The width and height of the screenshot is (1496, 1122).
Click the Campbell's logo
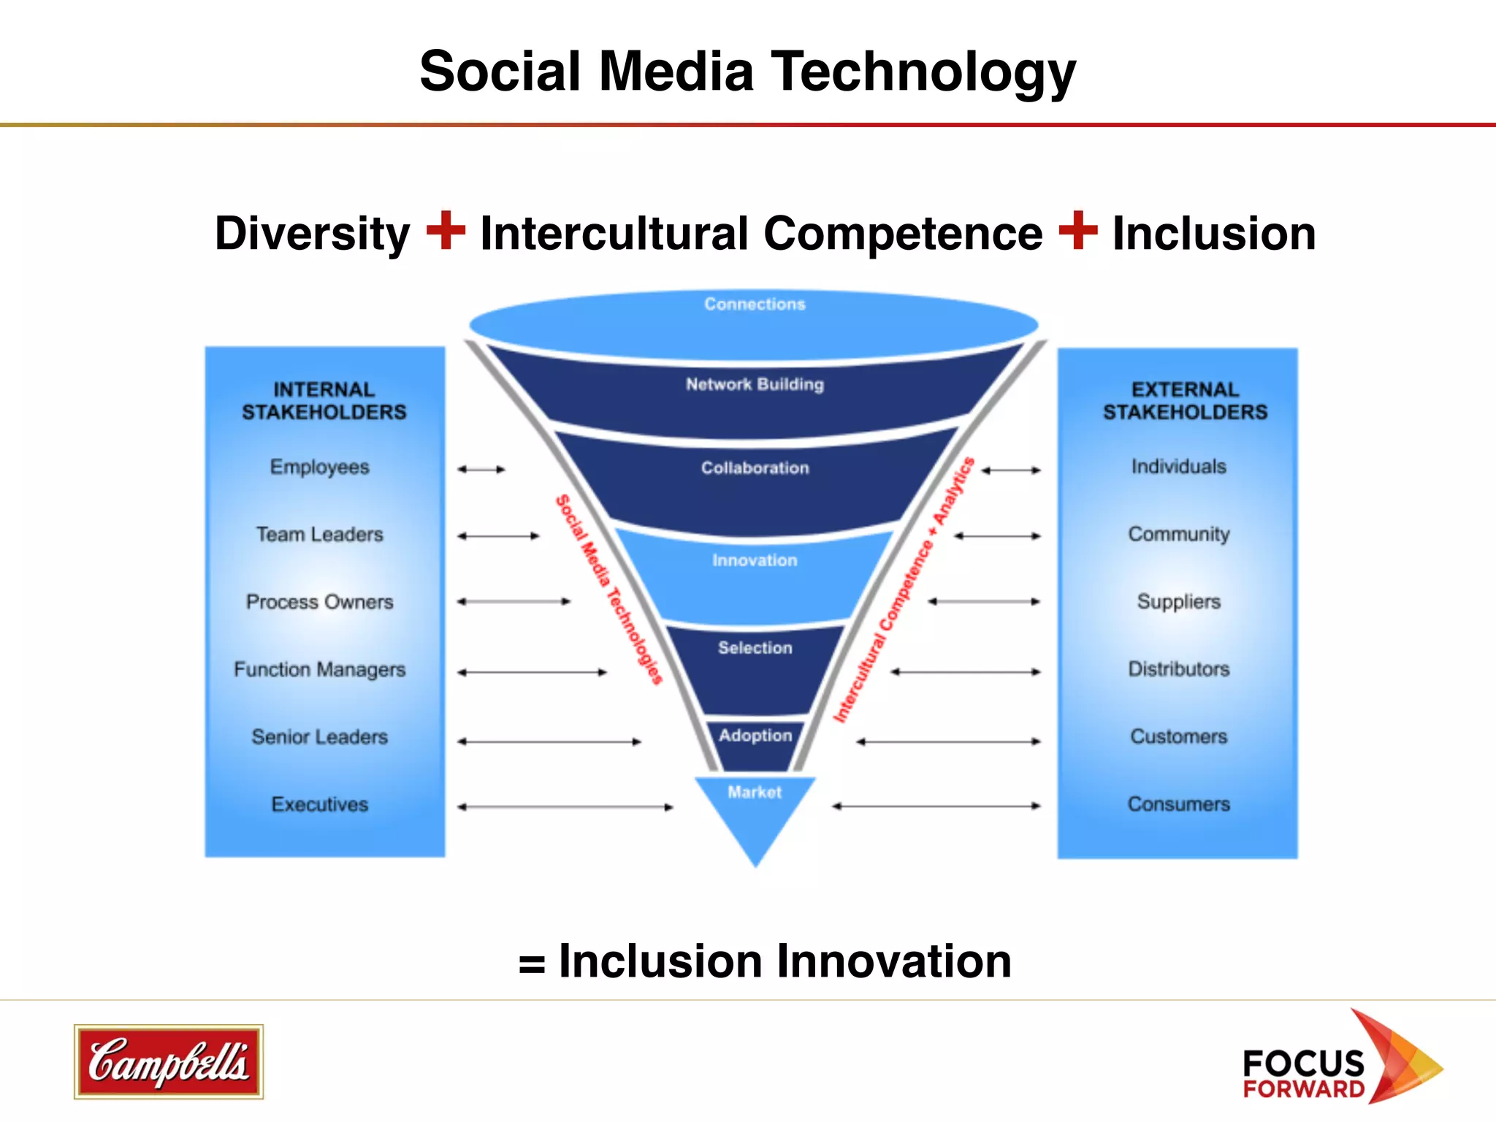pyautogui.click(x=169, y=1061)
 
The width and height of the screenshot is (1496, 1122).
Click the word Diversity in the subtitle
pyautogui.click(x=313, y=234)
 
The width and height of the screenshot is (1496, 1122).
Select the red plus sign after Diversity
pyautogui.click(x=446, y=230)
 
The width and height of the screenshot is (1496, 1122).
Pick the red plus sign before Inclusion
pyautogui.click(x=1078, y=230)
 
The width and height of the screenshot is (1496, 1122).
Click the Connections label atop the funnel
pyautogui.click(x=755, y=304)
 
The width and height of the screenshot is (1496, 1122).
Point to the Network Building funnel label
pyautogui.click(x=755, y=384)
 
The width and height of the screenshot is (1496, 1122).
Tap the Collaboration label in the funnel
pyautogui.click(x=755, y=468)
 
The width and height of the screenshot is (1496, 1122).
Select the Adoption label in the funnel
pyautogui.click(x=755, y=736)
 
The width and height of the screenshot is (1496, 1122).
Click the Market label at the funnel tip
pyautogui.click(x=755, y=793)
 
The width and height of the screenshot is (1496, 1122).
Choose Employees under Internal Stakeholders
pyautogui.click(x=320, y=467)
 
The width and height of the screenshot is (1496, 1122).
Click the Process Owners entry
pyautogui.click(x=320, y=602)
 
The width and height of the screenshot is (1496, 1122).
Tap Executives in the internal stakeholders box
pyautogui.click(x=320, y=804)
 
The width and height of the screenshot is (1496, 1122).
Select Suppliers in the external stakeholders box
pyautogui.click(x=1179, y=602)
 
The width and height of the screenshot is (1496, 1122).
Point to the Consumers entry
pyautogui.click(x=1179, y=804)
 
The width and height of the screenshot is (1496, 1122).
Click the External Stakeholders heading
pyautogui.click(x=1185, y=400)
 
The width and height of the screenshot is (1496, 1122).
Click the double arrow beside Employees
pyautogui.click(x=481, y=470)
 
